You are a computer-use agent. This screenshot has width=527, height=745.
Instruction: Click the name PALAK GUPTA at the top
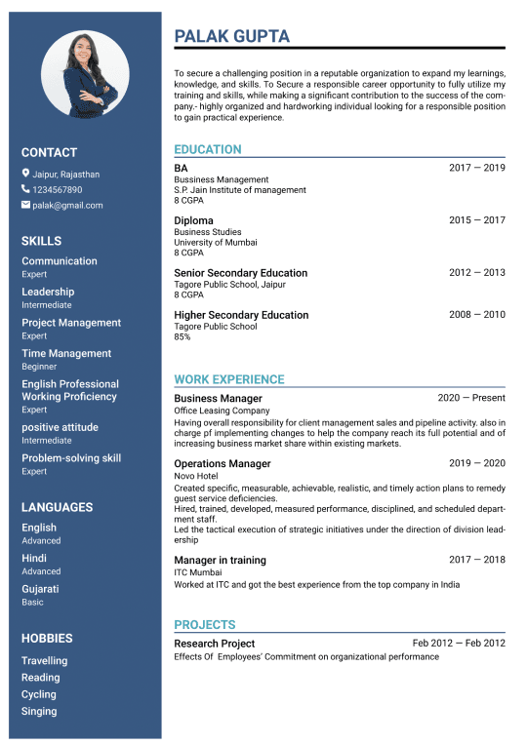pos(231,36)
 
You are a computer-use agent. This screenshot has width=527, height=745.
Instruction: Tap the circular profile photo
pos(85,74)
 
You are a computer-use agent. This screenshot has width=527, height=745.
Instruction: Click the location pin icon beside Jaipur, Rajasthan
pos(25,174)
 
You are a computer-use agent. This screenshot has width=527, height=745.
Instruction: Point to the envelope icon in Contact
pos(25,205)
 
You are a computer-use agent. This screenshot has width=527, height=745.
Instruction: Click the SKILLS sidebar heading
pos(41,241)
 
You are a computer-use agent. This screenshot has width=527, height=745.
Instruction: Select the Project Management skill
pos(71,323)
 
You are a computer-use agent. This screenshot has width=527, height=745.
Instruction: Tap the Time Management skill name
pos(66,353)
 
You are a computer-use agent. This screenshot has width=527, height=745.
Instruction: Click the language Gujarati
pos(40,589)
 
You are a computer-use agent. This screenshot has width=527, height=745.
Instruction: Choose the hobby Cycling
pos(39,694)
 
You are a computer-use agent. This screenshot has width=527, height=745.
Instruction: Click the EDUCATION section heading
pos(207,149)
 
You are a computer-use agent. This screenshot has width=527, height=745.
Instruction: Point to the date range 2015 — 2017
pos(476,220)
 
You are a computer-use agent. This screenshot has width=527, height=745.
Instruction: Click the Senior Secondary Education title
pos(240,273)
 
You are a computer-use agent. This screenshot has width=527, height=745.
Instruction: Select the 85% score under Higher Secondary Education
pos(182,336)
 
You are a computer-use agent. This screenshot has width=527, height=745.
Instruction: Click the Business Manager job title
pos(218,398)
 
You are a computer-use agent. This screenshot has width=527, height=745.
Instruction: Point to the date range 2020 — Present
pos(471,398)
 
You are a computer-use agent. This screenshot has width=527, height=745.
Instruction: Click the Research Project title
pos(214,644)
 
